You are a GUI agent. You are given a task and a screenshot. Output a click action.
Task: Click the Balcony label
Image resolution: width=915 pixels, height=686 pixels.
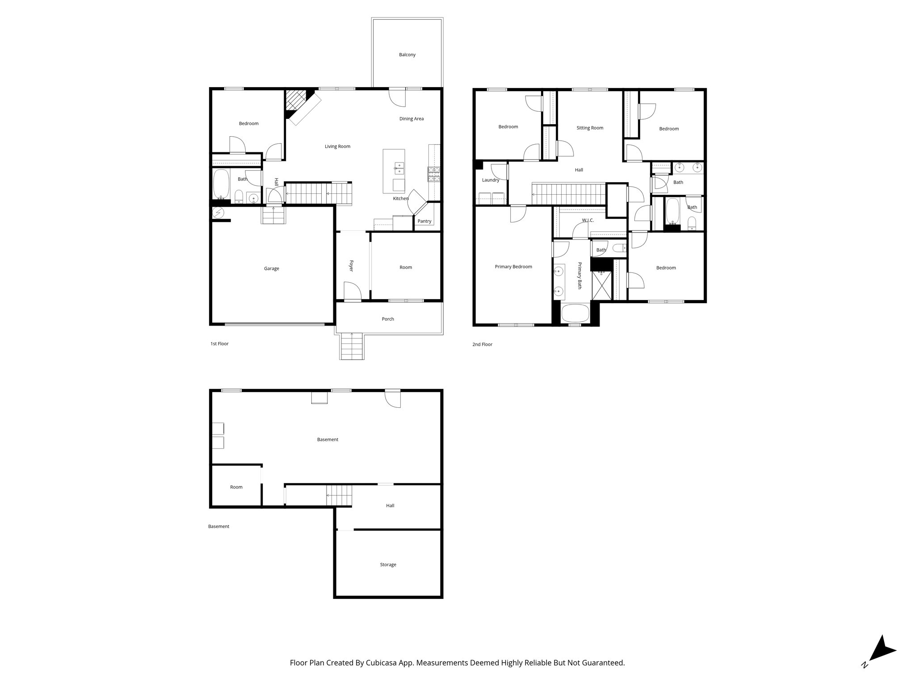tap(407, 55)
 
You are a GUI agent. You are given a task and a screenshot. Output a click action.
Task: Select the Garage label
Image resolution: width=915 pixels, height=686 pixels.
tap(271, 268)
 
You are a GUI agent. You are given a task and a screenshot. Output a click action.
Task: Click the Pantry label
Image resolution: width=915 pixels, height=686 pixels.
tap(424, 221)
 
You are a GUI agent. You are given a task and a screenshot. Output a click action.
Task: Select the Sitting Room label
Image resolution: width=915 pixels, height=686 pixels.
tap(590, 128)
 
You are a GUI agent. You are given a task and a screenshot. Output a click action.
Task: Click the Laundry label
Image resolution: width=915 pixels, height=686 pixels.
tap(490, 180)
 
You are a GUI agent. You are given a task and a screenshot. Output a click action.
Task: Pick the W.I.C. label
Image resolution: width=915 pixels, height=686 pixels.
tap(588, 220)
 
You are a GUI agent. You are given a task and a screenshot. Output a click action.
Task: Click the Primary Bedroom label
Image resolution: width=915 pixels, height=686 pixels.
tap(513, 267)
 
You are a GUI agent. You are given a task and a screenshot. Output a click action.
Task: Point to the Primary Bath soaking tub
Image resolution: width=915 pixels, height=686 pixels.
tap(576, 313)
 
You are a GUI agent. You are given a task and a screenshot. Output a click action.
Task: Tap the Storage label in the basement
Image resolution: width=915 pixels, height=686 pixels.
tap(388, 565)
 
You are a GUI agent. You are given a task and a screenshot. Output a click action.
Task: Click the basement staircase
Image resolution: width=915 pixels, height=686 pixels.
tap(339, 495)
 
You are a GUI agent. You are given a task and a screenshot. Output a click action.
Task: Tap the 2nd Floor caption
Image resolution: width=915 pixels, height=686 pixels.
tap(482, 344)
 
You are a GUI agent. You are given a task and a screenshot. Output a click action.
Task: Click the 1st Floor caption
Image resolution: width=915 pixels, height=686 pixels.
tap(219, 344)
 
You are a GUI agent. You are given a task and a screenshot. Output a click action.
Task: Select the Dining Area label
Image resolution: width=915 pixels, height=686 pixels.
tap(411, 119)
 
